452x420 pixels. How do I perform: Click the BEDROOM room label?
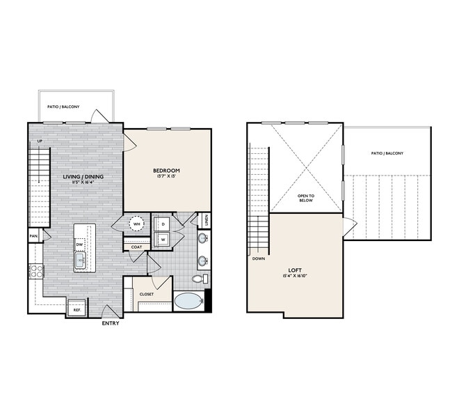pos(167,171)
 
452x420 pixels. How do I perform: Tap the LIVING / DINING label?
pos(83,177)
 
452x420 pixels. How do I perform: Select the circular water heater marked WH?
pos(137,224)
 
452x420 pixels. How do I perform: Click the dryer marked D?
pos(163,224)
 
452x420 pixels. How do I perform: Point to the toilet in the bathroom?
pos(198,279)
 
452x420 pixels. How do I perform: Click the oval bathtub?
pos(188,302)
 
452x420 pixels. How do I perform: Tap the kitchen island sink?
pos(80,260)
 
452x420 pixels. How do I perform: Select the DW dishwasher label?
pos(80,244)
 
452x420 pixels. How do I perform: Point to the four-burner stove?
pos(35,271)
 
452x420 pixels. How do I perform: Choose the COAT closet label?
pos(136,247)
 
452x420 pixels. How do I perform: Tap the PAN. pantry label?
pos(33,237)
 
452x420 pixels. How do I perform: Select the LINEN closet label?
pos(207,221)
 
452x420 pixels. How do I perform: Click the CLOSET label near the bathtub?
pos(146,295)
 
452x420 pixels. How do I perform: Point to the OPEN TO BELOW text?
pos(306,197)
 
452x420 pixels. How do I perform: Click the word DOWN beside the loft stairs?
pos(259,258)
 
